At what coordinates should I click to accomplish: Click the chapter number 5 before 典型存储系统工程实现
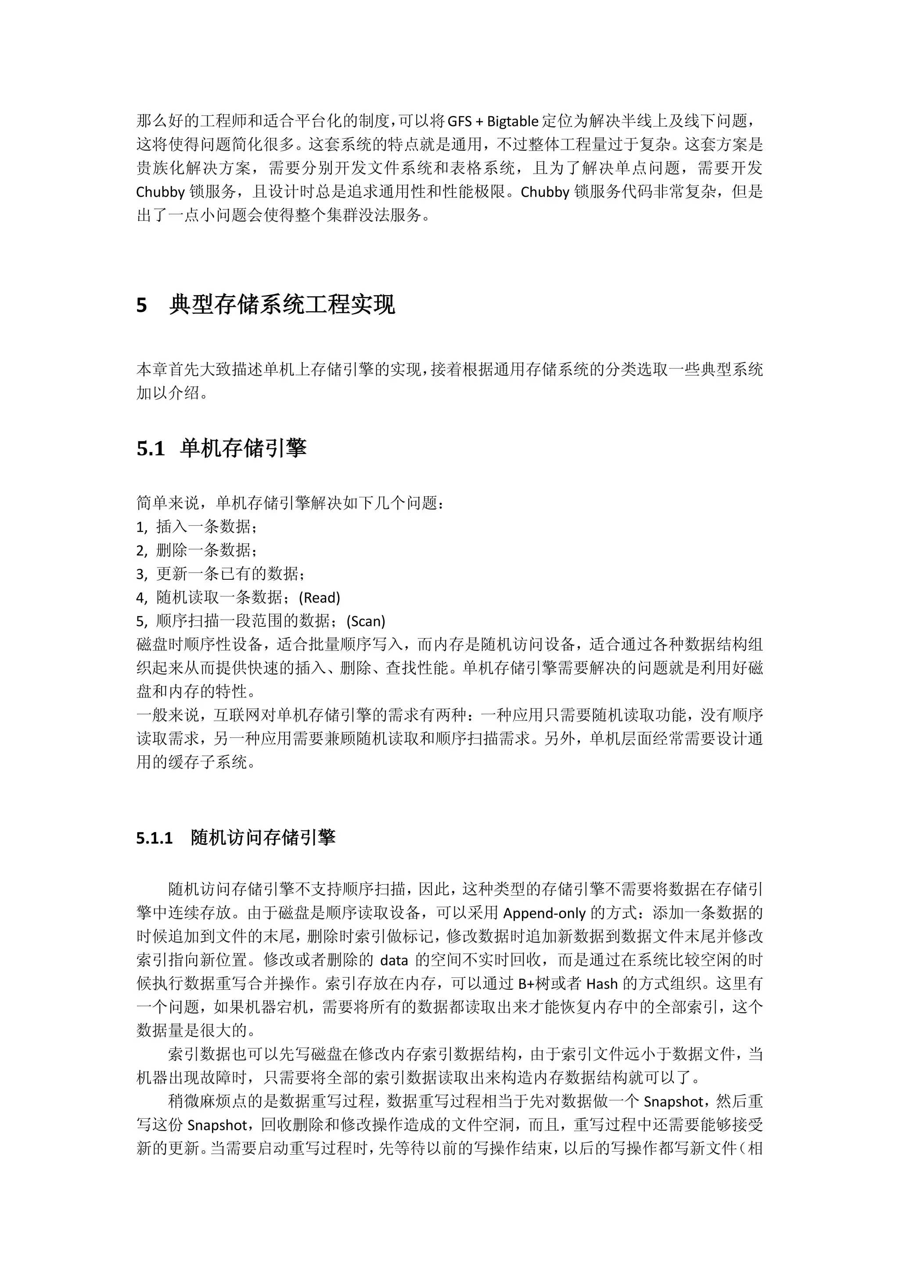coord(142,305)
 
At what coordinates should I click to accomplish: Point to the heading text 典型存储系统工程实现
coord(282,305)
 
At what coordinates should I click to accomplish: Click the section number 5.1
coord(151,449)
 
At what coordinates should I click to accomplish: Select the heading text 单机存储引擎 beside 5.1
coord(243,449)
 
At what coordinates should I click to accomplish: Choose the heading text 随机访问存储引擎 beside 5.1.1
coord(263,837)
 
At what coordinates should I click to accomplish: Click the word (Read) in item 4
coord(320,598)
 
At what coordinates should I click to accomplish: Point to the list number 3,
coord(142,574)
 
